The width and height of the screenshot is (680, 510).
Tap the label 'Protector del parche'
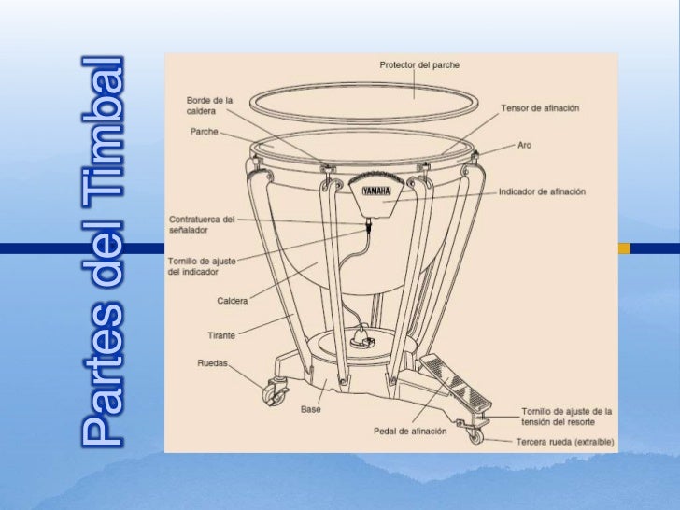click(x=419, y=65)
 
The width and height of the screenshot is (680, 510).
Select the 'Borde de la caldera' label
click(x=209, y=105)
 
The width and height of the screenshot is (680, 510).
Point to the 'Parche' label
click(x=204, y=132)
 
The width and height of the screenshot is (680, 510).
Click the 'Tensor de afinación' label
click(x=540, y=107)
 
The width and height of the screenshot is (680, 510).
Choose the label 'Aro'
click(x=526, y=147)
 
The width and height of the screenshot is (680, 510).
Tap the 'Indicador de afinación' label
click(x=542, y=191)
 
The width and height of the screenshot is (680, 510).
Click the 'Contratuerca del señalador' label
click(x=202, y=224)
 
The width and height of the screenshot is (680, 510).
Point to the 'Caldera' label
click(x=231, y=302)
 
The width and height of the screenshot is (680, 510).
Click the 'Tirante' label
click(x=221, y=334)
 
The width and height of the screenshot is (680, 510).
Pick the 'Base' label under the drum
click(x=311, y=409)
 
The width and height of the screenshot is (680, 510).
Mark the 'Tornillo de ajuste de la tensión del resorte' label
click(x=566, y=417)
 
